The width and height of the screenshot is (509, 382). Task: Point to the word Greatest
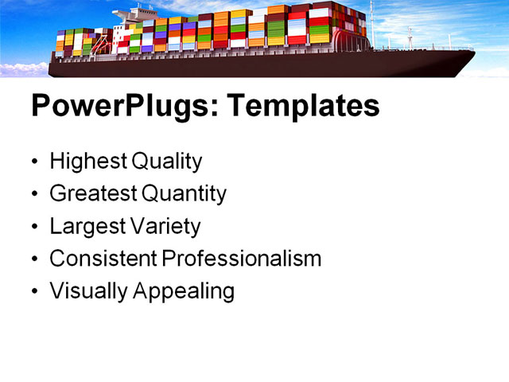pos(93,193)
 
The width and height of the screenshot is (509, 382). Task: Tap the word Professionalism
pos(241,259)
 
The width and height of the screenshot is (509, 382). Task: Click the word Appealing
pos(184,291)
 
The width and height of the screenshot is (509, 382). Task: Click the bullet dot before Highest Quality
pos(34,162)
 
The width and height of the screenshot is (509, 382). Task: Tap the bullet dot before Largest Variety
pos(34,228)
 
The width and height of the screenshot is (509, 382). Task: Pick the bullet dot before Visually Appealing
pos(34,292)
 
